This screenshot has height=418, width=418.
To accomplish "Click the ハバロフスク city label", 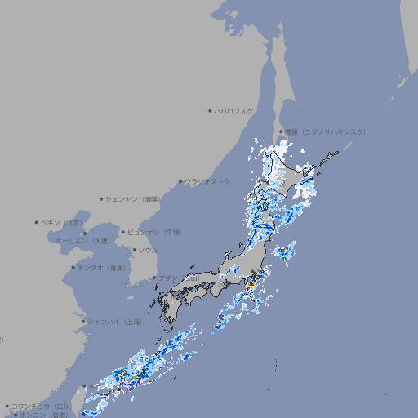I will pyautogui.click(x=234, y=110).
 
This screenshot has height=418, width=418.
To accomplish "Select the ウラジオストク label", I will pyautogui.click(x=207, y=181).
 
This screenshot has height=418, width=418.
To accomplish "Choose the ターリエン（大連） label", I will pyautogui.click(x=82, y=241).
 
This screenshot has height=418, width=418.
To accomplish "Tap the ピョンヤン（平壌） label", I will pyautogui.click(x=154, y=232).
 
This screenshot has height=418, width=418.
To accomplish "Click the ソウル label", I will pyautogui.click(x=148, y=250).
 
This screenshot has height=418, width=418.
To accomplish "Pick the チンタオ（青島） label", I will pyautogui.click(x=102, y=267).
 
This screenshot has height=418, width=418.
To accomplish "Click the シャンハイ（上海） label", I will pyautogui.click(x=114, y=322).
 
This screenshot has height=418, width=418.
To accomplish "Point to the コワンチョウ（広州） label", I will pyautogui.click(x=41, y=406).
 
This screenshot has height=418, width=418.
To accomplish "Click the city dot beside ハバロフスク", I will pyautogui.click(x=210, y=110).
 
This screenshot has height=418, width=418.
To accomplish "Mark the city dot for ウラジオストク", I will pyautogui.click(x=180, y=181).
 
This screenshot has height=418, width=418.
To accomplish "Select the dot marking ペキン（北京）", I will pyautogui.click(x=37, y=222).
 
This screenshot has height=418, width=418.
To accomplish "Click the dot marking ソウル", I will pyautogui.click(x=134, y=250).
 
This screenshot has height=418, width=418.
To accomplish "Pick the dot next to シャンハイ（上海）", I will pyautogui.click(x=83, y=322).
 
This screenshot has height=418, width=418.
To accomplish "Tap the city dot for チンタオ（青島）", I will pyautogui.click(x=73, y=267).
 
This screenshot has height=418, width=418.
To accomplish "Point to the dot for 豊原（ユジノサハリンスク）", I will pyautogui.click(x=281, y=131).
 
